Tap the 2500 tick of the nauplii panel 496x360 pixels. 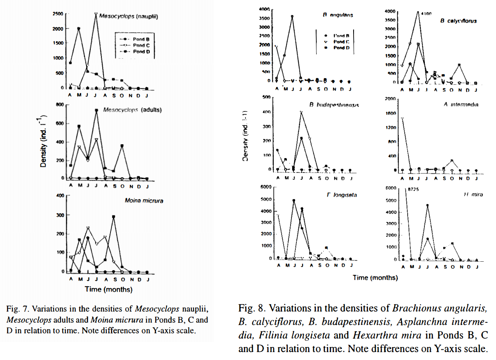[x=57, y=14]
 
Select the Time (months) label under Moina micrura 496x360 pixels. [x=108, y=289]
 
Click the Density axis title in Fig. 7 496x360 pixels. [x=43, y=142]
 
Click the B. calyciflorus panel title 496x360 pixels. [x=458, y=20]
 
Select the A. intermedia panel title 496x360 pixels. [x=461, y=104]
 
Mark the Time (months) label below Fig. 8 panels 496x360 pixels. [x=375, y=277]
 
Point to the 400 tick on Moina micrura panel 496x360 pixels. [x=61, y=196]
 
